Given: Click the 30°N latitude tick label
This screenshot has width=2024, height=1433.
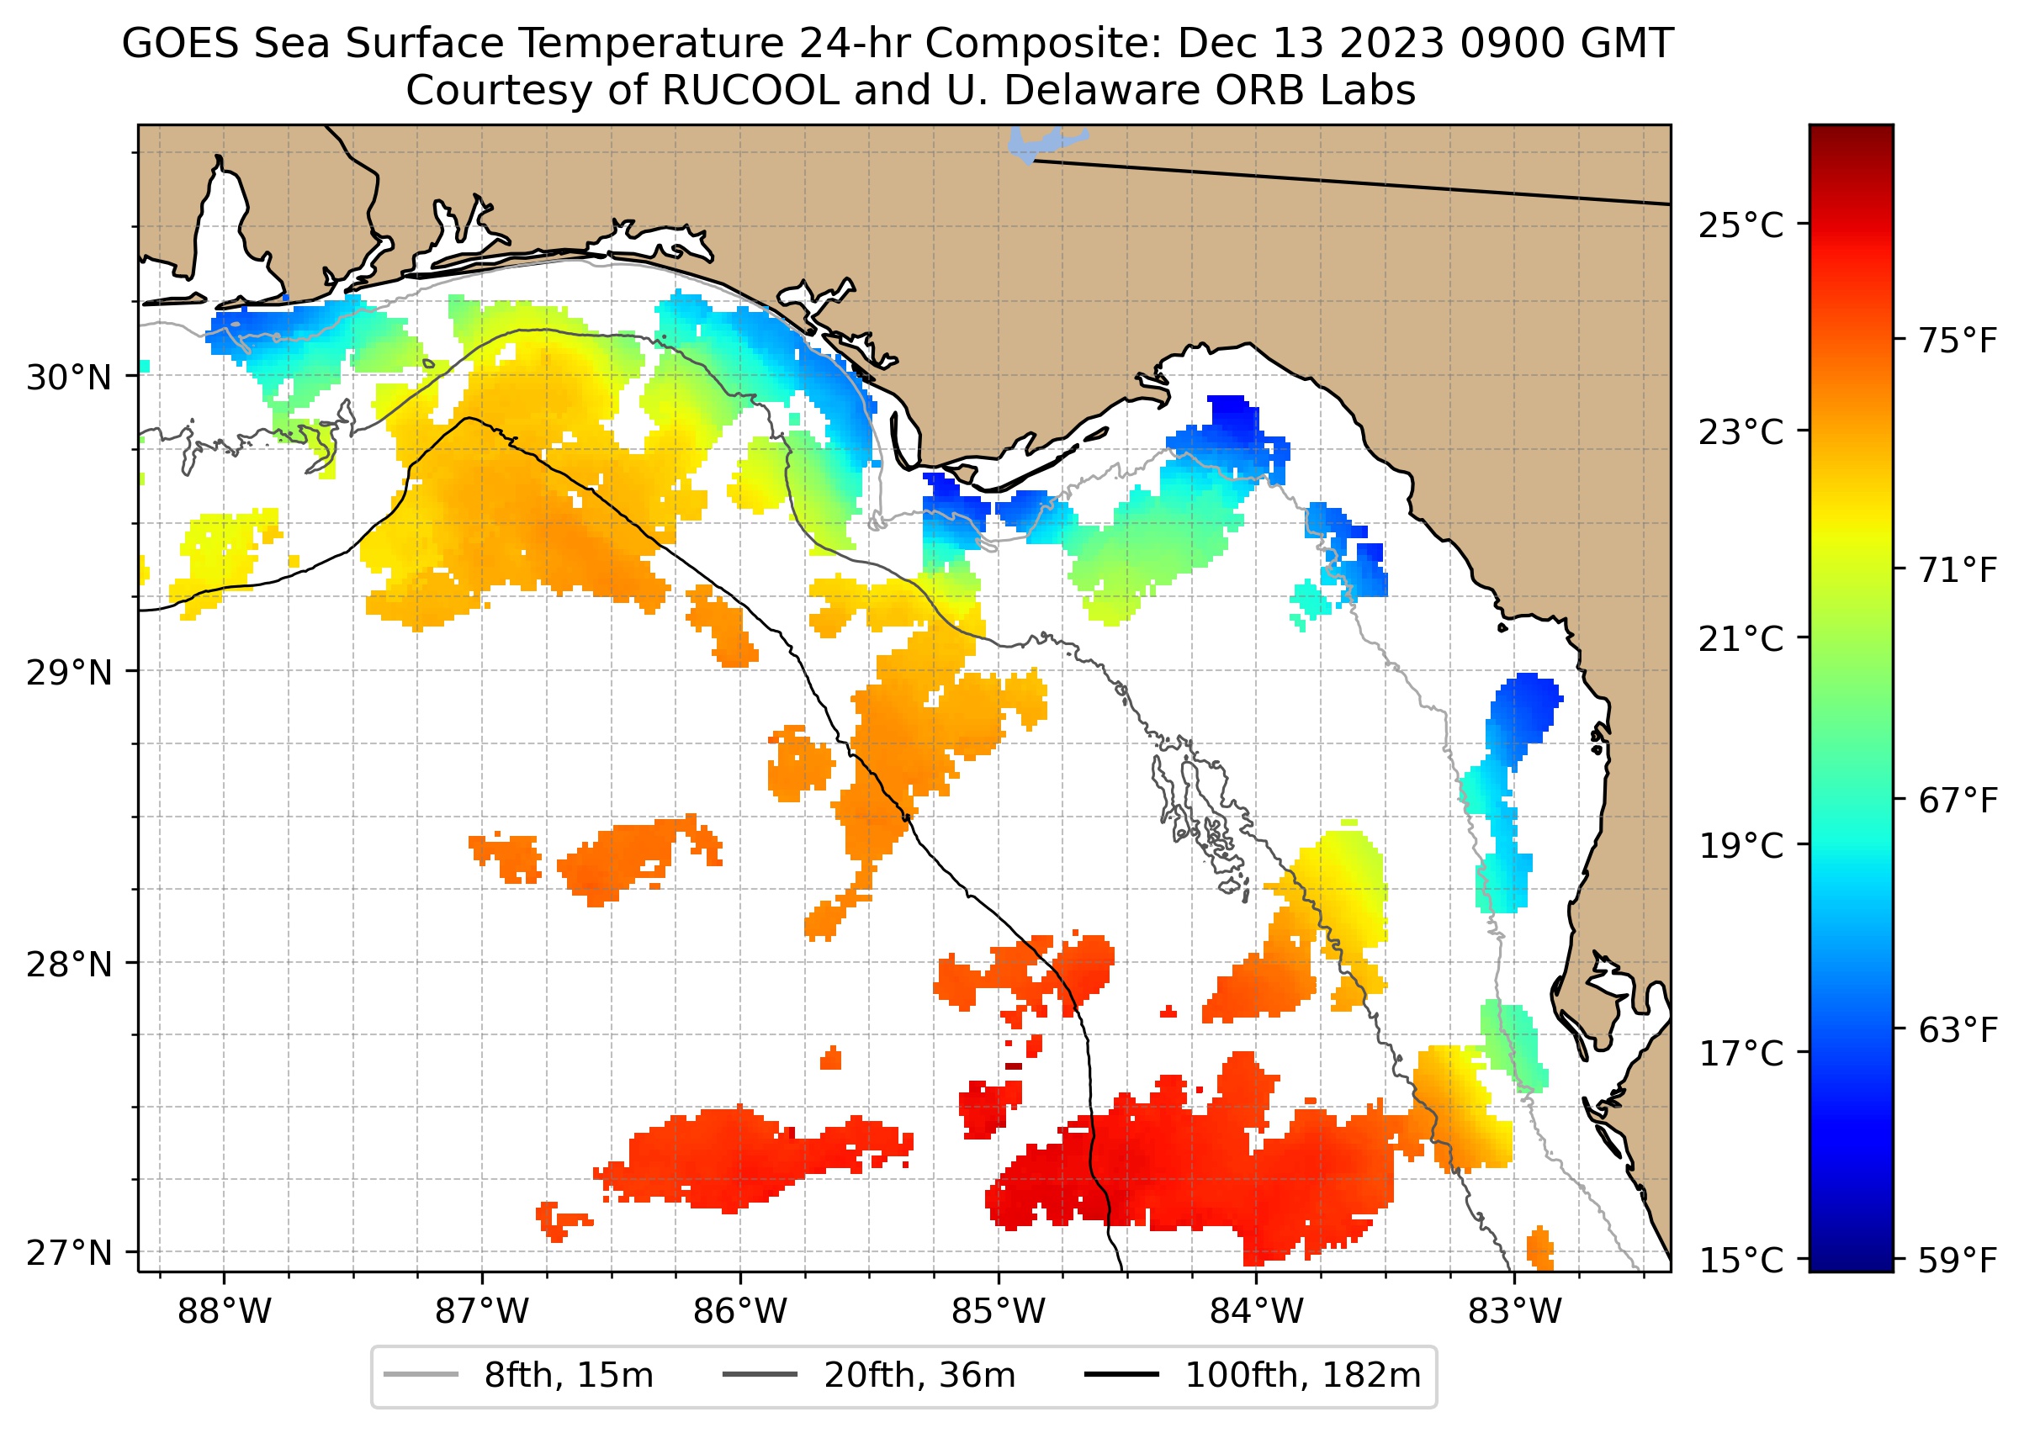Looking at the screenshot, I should [x=69, y=378].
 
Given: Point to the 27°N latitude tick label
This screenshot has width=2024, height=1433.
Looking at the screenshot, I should [x=69, y=1253].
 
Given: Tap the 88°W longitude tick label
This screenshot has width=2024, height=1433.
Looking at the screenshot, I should [x=225, y=1311].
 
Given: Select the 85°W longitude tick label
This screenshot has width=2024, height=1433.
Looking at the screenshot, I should [x=999, y=1311].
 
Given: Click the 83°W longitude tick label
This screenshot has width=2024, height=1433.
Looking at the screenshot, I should [x=1515, y=1311].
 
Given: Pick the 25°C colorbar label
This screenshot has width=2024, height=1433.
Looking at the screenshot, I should [x=1741, y=226].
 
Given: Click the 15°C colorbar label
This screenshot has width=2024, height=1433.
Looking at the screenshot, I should [x=1741, y=1260].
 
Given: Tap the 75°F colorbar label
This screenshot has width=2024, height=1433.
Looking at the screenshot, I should [x=1958, y=341].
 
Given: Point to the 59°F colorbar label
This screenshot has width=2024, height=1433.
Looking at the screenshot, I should [x=1958, y=1260].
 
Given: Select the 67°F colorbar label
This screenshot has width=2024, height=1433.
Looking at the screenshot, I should [x=1958, y=801].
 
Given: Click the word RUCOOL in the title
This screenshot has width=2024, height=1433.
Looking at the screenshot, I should [x=750, y=91].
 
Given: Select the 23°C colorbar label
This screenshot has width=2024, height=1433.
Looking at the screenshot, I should [x=1741, y=433].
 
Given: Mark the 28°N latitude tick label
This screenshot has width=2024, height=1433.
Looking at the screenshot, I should [x=69, y=965].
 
